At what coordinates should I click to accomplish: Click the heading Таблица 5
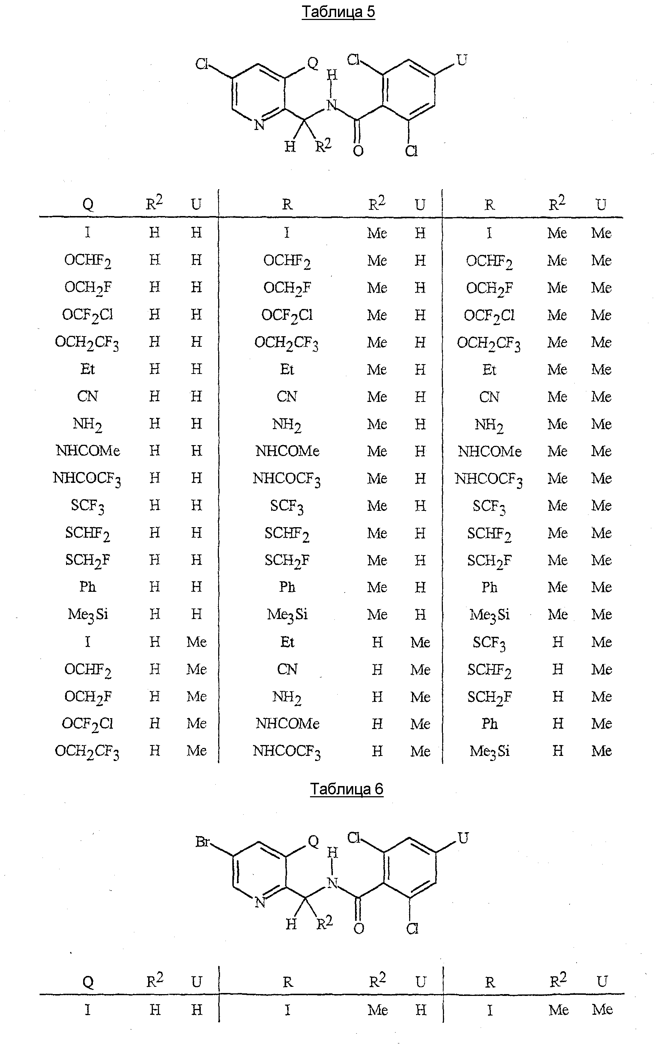click(338, 12)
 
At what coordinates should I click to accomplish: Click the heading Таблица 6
click(346, 789)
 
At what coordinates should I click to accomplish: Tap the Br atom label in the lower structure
click(203, 842)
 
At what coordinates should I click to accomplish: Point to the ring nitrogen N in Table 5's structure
click(259, 125)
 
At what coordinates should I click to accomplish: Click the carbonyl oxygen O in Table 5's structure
click(358, 151)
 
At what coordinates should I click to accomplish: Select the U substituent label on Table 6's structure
click(463, 838)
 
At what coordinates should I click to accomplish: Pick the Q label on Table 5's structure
click(312, 63)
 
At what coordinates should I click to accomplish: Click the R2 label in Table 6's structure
click(324, 923)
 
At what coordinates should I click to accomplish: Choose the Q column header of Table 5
click(87, 204)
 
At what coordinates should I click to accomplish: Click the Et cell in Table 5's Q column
click(87, 369)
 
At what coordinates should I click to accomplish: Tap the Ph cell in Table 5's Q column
click(87, 587)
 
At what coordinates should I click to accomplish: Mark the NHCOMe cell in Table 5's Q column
click(87, 451)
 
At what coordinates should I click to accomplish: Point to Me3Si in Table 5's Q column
click(87, 614)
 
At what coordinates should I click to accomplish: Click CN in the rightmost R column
click(489, 396)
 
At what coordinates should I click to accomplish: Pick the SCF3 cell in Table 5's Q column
click(87, 505)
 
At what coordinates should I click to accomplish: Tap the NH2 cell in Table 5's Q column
click(87, 424)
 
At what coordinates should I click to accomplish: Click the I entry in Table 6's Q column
click(87, 1010)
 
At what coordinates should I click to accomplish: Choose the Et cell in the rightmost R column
click(489, 370)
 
